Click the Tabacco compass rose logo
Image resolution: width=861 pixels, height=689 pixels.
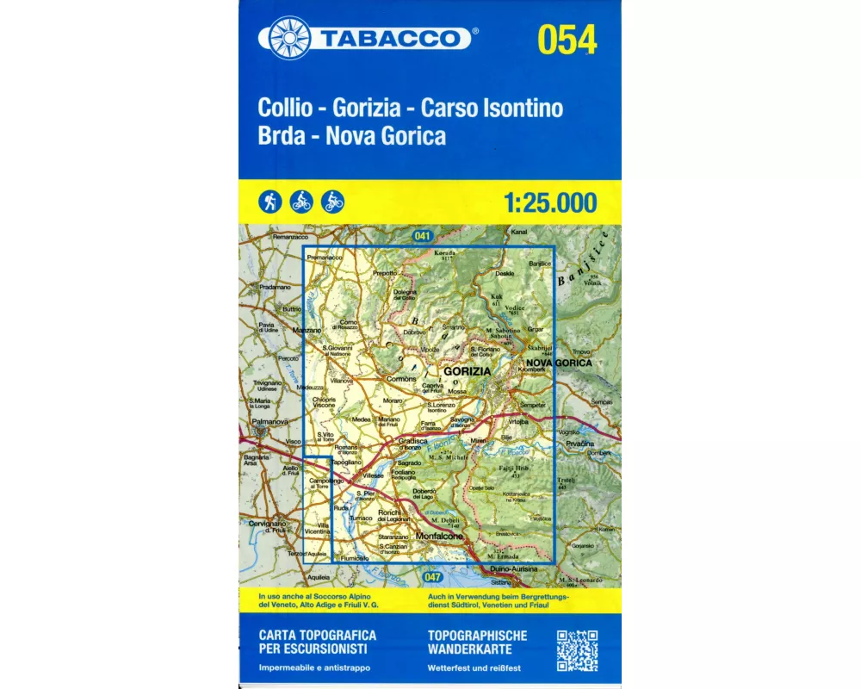click(290, 39)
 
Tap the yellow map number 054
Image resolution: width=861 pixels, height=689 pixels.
click(567, 39)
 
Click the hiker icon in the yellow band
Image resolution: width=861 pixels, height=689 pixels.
click(269, 202)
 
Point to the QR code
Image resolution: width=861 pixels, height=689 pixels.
click(577, 651)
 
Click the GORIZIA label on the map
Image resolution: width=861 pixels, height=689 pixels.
click(466, 370)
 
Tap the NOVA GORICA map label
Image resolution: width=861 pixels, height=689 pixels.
click(559, 363)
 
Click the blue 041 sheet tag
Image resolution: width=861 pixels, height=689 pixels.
click(421, 235)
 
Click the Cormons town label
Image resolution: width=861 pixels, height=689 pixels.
click(400, 378)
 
